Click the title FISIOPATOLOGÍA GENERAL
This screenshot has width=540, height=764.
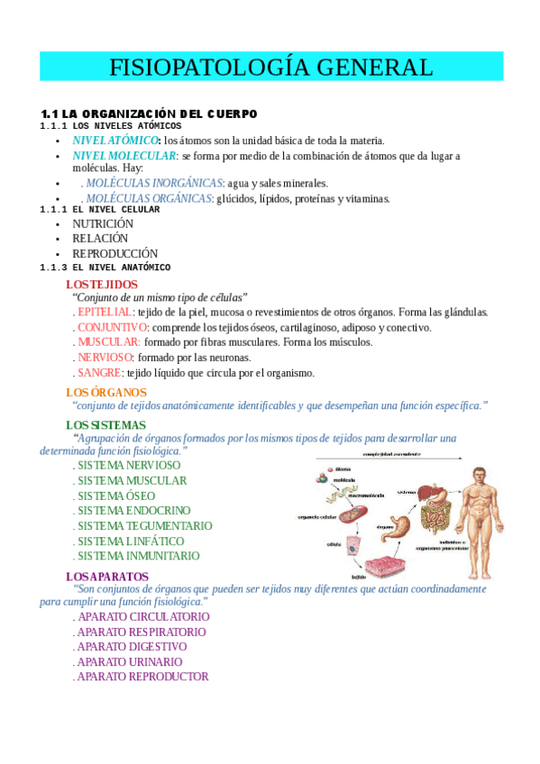270,67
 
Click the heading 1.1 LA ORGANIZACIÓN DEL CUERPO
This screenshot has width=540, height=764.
149,114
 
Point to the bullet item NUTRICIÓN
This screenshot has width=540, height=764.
103,223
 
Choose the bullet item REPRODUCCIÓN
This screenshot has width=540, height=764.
114,253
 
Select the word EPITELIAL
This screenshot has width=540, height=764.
105,312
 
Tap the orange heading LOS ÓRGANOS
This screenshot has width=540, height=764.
105,392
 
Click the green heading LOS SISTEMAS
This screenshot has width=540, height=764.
105,424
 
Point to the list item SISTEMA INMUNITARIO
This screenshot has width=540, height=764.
138,556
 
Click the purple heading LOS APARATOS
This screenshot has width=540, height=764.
107,576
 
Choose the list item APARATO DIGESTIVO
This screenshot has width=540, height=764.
132,647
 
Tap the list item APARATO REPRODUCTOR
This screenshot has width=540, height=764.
142,677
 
